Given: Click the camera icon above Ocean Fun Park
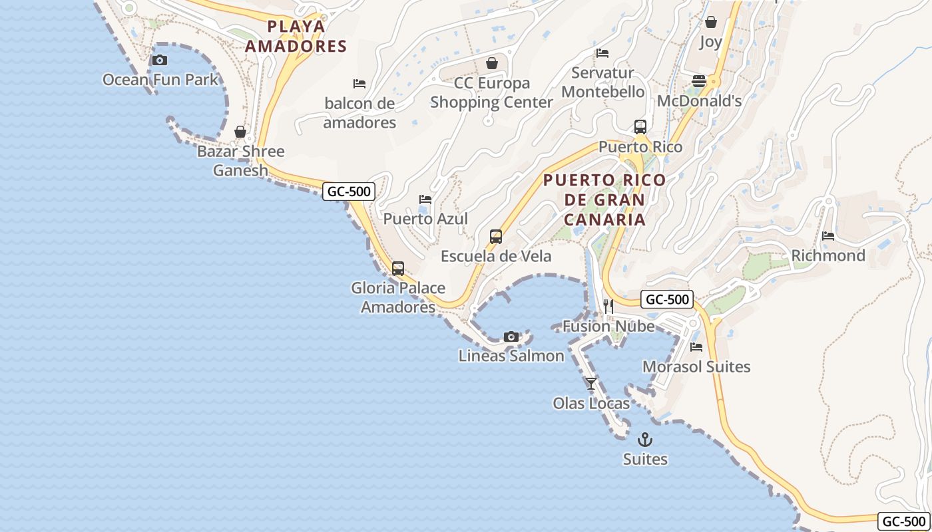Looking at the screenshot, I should point(159,61).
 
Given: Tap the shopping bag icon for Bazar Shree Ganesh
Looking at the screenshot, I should point(240,132).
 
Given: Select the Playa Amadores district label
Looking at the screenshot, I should point(296,36).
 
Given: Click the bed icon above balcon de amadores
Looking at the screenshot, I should point(359,84).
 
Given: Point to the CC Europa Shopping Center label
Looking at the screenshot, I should point(491,92).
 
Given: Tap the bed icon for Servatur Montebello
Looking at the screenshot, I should point(602,53).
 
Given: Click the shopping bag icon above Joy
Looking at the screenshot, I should point(711,22).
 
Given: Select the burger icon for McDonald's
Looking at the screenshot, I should point(699,81).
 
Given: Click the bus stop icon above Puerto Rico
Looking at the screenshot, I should point(640,126).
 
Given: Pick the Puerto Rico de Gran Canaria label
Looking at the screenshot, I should point(604,199).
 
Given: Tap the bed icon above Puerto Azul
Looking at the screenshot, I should point(425,199).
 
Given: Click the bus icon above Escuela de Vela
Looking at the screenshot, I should point(496,237).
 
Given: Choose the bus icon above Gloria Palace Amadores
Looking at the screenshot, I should point(398,269).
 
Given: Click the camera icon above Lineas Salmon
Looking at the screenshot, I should point(511,336).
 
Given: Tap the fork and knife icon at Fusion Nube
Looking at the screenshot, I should point(608,306).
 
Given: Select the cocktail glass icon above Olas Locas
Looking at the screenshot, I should point(591,384).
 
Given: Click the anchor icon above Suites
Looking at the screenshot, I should point(645,440).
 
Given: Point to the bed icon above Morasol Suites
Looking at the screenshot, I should point(696,347).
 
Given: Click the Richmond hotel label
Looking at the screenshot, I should point(828,255).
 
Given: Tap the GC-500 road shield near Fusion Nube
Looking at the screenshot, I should point(668,299).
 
